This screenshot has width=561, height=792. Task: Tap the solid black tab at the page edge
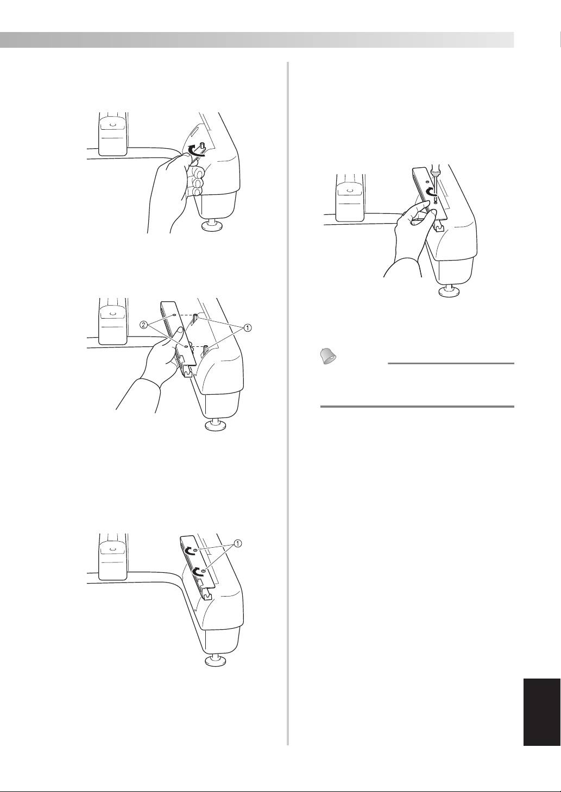click(x=541, y=711)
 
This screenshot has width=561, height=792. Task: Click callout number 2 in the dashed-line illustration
click(x=144, y=325)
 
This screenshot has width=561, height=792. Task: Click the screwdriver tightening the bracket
click(x=433, y=180)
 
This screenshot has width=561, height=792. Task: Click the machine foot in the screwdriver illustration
click(x=451, y=292)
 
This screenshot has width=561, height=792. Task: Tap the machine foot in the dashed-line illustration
click(x=216, y=424)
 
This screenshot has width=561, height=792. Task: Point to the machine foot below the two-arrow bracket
click(x=216, y=660)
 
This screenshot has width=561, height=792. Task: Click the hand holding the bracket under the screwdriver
click(x=407, y=228)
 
